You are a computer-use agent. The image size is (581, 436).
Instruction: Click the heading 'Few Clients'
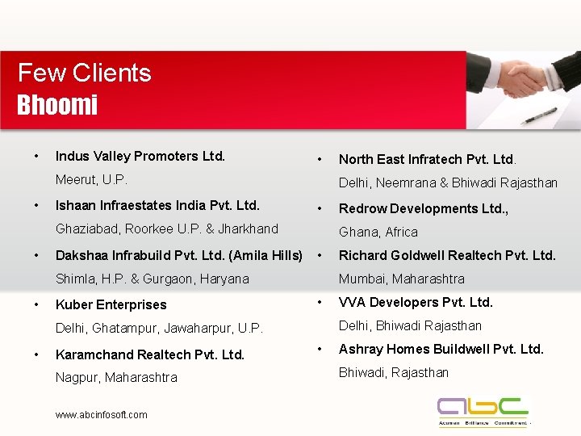(84, 73)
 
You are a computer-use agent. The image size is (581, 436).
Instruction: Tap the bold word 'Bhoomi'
(57, 105)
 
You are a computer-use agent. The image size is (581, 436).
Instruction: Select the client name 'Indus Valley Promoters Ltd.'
(140, 156)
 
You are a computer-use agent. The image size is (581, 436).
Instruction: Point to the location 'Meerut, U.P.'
(91, 179)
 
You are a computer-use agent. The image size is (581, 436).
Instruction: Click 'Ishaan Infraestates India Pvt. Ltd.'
(157, 205)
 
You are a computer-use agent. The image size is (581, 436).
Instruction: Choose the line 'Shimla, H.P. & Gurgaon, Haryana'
(152, 279)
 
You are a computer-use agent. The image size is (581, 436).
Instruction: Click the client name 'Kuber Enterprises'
(111, 304)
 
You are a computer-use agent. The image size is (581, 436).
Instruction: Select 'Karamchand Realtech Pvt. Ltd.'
(149, 354)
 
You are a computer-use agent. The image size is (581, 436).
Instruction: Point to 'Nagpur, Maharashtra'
(116, 377)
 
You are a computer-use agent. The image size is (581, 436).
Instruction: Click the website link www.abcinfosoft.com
(101, 415)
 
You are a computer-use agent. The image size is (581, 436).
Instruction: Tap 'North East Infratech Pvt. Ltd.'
(426, 159)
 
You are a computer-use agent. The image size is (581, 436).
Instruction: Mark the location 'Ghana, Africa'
(378, 232)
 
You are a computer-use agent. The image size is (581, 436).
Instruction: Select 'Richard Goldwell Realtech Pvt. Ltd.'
(447, 255)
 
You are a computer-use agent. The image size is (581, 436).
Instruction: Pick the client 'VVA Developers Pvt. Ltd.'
(416, 302)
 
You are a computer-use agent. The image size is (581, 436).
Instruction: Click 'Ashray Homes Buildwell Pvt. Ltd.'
(441, 349)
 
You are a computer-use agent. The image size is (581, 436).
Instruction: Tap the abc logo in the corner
(483, 410)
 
